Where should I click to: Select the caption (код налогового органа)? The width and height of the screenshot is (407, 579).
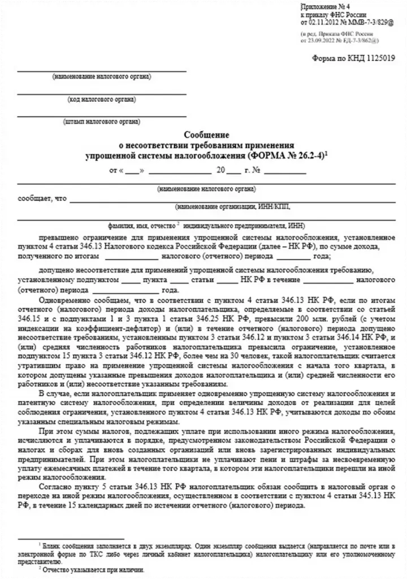[x=101, y=100]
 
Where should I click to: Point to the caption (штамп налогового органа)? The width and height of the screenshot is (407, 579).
[x=102, y=122]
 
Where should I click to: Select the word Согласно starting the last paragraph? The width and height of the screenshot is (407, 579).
[x=54, y=486]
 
